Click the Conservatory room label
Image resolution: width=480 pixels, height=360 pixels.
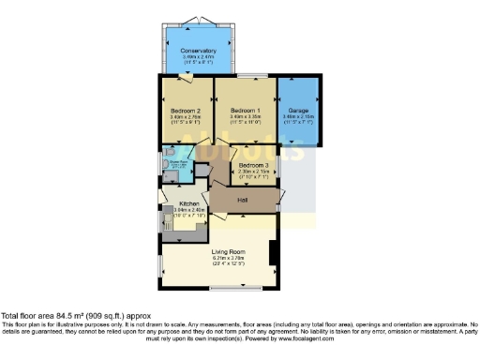[x=199, y=51]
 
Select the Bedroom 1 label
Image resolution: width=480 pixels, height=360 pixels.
[x=245, y=111]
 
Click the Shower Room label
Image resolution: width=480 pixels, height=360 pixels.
[x=175, y=164]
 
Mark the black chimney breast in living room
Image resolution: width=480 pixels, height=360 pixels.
[x=272, y=253]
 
